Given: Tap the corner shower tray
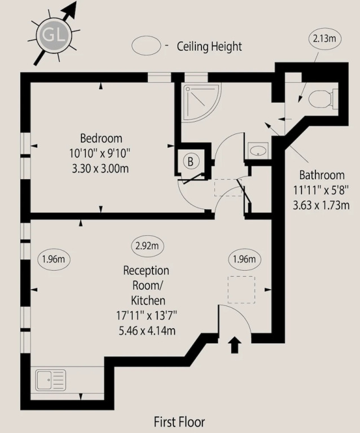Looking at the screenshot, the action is coord(201,102).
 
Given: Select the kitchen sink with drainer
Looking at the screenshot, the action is coord(51,380).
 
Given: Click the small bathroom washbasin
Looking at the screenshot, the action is coord(258,151).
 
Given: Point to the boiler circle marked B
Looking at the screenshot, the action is coord(190,161).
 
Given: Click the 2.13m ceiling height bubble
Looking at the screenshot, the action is coord(324,38).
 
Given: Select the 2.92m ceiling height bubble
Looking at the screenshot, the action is coord(147,245).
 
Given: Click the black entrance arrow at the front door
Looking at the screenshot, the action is coord(234,344).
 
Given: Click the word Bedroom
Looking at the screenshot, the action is coord(101,138).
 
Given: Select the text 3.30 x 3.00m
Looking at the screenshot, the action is coord(100,168).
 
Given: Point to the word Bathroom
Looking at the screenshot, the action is coord(322,175).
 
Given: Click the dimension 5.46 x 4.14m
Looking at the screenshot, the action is coord(147,330).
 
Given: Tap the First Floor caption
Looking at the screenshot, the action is coord(179,422).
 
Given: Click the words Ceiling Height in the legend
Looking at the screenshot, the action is coord(209,46).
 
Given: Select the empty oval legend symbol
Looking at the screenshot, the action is coord(146,46).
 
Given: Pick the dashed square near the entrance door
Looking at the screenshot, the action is coord(241,290).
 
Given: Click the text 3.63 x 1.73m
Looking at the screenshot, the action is coord(321,205).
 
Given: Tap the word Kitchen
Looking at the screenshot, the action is coord(148,301).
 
